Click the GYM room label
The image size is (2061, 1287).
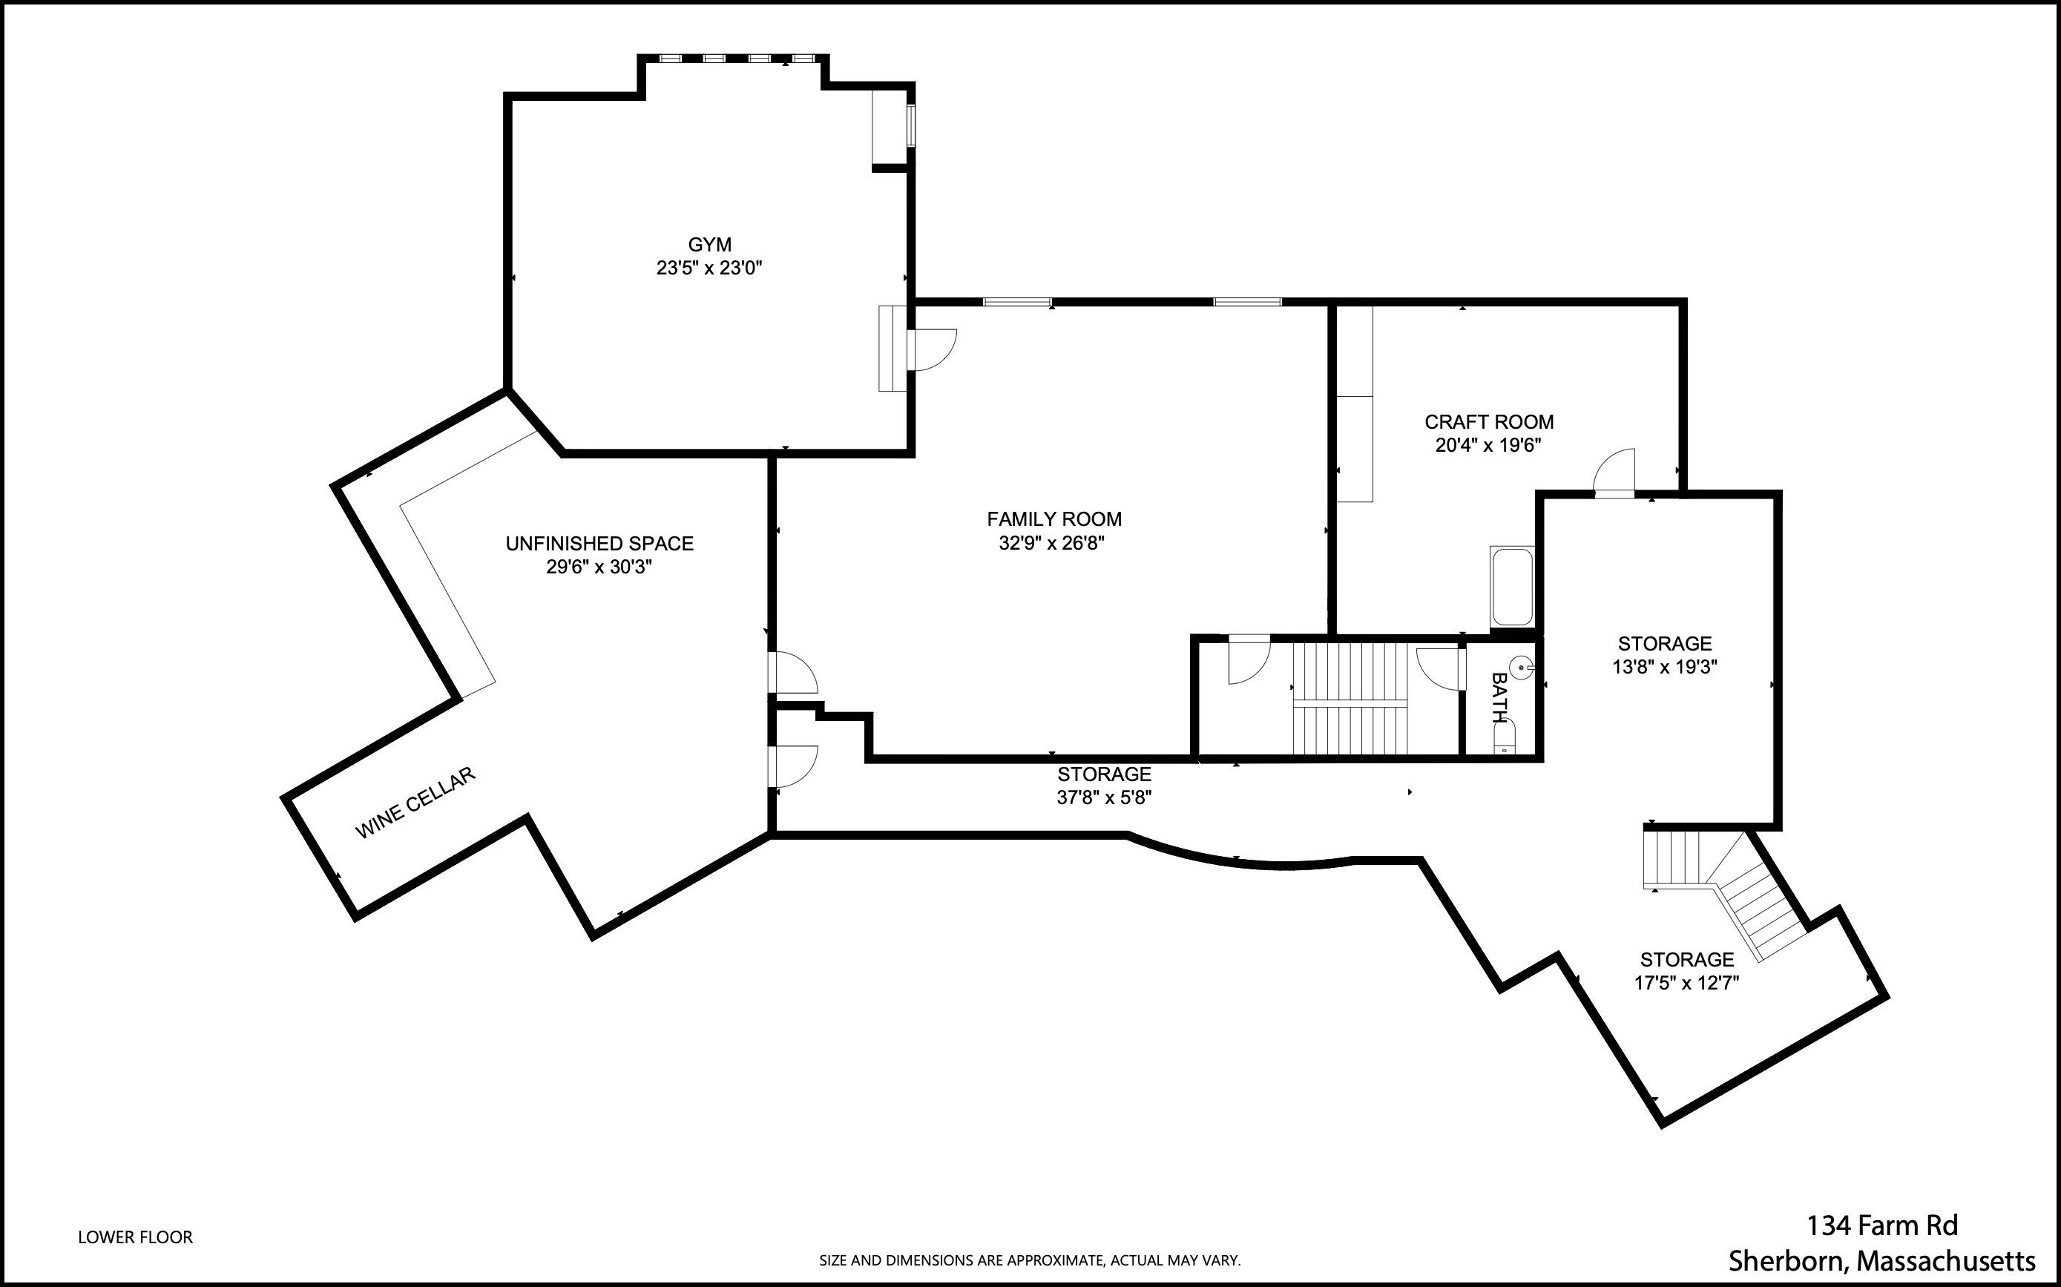709,245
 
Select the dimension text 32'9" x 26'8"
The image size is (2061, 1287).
1051,543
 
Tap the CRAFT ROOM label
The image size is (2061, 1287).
1489,422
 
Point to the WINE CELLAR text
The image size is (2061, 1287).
415,803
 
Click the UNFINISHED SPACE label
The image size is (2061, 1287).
599,544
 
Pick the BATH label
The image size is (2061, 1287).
1499,698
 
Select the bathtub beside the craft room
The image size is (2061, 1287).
1512,587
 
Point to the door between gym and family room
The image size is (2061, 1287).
931,349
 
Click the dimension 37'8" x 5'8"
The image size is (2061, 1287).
1104,797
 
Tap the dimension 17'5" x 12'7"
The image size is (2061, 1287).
1686,983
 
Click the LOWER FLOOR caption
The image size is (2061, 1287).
135,1237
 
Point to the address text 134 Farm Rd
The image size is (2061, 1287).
1882,1225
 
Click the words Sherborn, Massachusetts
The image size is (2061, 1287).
1881,1260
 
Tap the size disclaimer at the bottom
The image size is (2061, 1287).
1030,1260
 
